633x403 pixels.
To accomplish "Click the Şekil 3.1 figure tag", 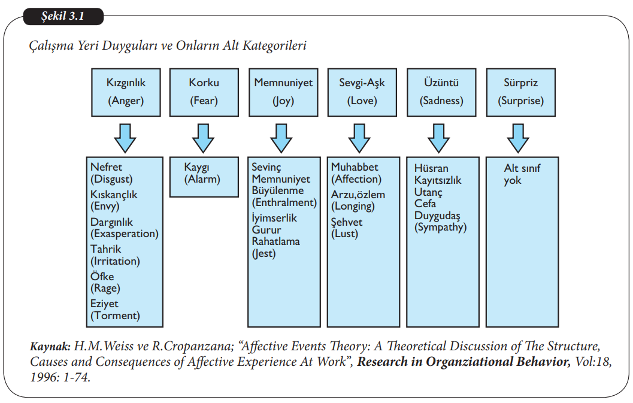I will click(63, 16).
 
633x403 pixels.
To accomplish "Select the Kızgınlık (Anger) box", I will click(126, 92).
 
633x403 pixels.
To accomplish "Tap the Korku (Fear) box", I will click(204, 92).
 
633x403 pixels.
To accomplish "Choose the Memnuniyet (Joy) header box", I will click(283, 92).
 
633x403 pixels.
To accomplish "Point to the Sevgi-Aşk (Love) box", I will click(362, 92).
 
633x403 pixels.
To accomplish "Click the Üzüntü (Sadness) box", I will click(441, 92).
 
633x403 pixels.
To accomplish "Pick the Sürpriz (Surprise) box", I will click(520, 92).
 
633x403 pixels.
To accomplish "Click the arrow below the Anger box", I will click(125, 138).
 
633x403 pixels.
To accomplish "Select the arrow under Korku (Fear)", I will click(204, 138).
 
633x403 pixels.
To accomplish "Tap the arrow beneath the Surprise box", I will click(518, 138).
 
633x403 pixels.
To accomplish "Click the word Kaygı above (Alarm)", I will click(196, 168).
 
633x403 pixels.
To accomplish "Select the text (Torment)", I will click(115, 316).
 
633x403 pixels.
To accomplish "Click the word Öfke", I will click(102, 277).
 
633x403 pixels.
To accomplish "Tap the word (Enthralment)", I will click(284, 202).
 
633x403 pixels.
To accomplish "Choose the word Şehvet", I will click(347, 222).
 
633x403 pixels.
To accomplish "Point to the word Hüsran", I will click(431, 168).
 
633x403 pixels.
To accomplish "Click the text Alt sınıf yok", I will click(522, 174).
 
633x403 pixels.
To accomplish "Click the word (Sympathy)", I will click(440, 228).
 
